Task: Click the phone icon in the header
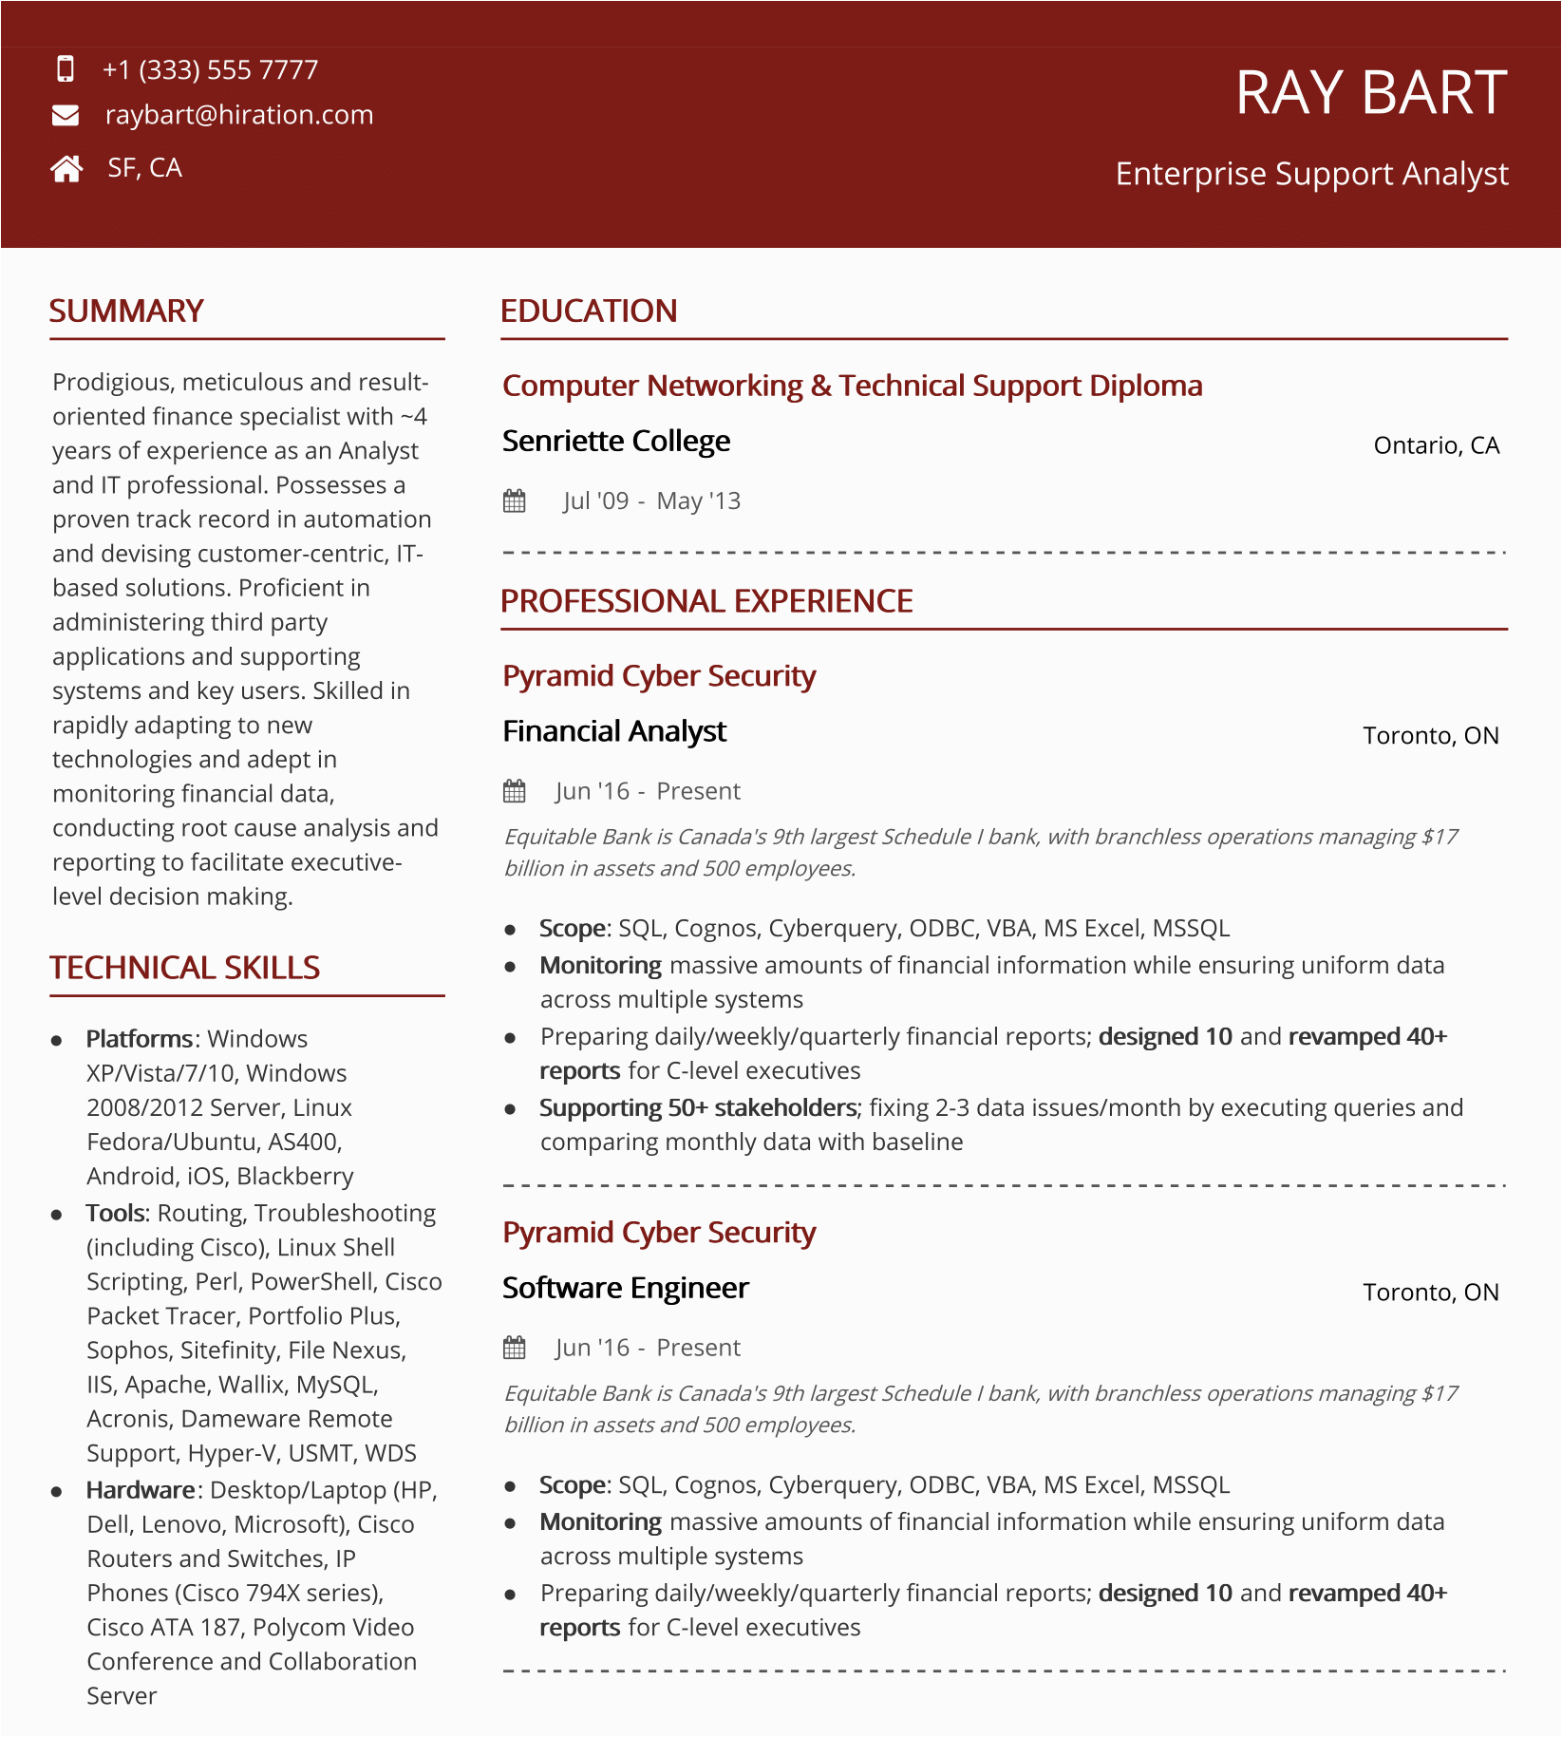tap(66, 69)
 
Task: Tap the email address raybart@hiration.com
tap(239, 115)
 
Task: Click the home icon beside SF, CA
tap(66, 169)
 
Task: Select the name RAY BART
tap(1370, 93)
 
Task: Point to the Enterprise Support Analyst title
tap(1311, 174)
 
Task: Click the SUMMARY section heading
tap(126, 312)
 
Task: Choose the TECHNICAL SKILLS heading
tap(184, 968)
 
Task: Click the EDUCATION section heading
tap(589, 312)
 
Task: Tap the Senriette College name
tap(616, 442)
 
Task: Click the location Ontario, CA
tap(1436, 445)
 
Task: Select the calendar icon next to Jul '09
tap(515, 501)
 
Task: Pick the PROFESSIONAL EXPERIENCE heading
tap(706, 601)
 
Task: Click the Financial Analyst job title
tap(614, 731)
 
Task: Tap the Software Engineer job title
tap(626, 1288)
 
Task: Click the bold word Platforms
tap(139, 1039)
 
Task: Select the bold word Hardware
tap(141, 1490)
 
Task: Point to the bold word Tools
tap(116, 1213)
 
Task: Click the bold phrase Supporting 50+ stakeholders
tap(698, 1107)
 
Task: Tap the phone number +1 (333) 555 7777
tap(210, 69)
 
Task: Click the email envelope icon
tap(66, 115)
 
